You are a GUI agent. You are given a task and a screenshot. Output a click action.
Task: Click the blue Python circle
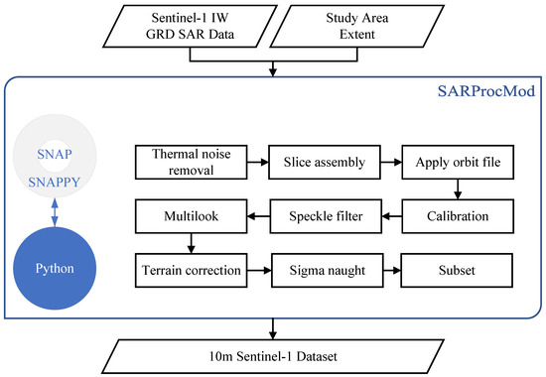click(x=68, y=268)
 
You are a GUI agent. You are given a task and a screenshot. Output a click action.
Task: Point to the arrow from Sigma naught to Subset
click(x=392, y=268)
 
